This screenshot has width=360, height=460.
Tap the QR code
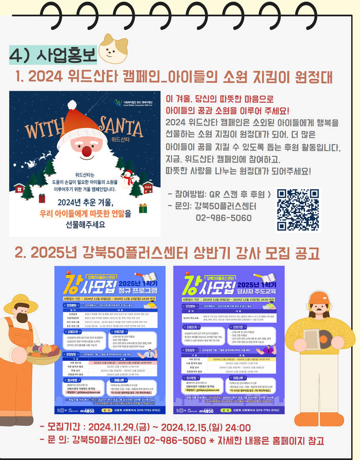coord(298,210)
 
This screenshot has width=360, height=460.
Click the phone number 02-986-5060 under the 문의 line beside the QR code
coord(224,218)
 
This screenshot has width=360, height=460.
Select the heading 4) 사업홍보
coord(53,54)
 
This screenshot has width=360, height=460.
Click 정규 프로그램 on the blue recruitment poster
coord(138,289)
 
